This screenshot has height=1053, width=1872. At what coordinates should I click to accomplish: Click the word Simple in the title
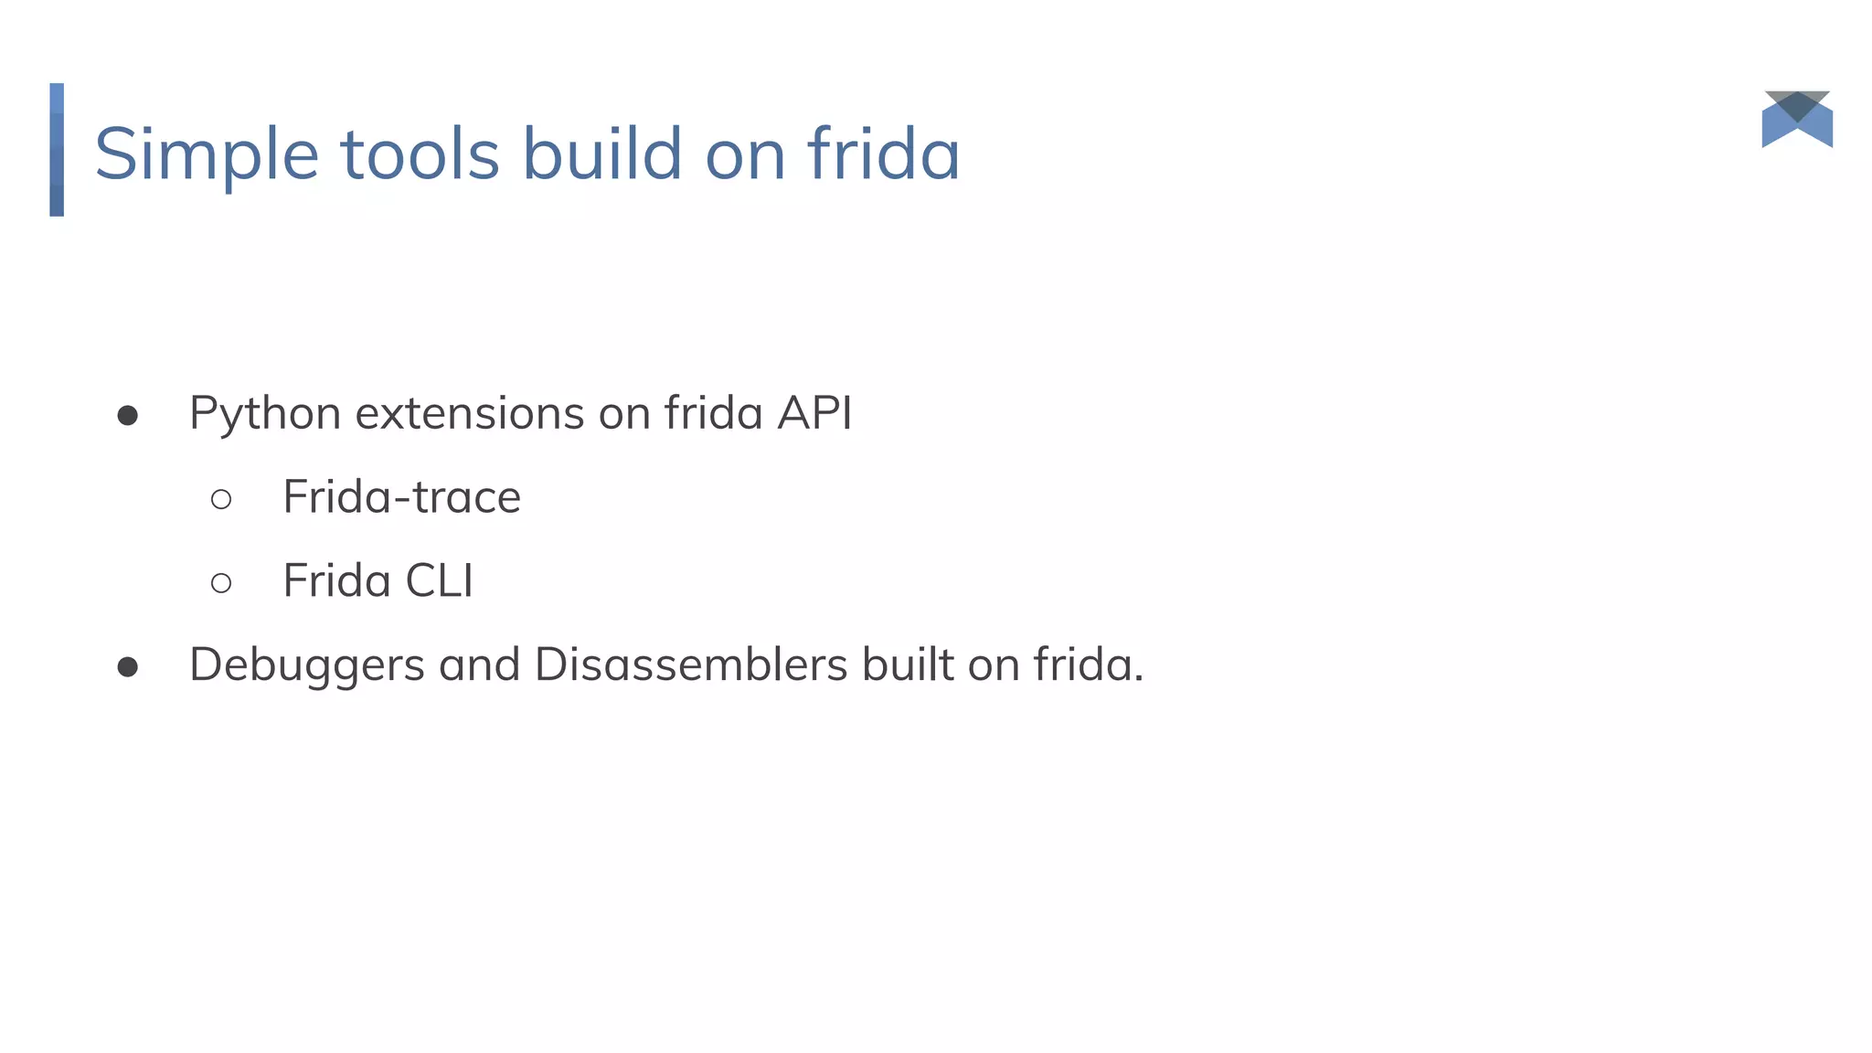[207, 155]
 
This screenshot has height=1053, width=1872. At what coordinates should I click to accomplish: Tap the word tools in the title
[420, 154]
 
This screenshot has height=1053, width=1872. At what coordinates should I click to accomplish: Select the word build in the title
[601, 154]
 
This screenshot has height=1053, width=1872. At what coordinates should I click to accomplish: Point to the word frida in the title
[883, 154]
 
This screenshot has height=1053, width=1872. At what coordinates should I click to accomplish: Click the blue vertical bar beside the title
[57, 150]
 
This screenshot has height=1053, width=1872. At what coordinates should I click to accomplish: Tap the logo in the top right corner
[1797, 119]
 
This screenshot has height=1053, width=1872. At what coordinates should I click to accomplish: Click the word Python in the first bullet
[265, 414]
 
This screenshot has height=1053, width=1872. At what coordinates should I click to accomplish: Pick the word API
[814, 413]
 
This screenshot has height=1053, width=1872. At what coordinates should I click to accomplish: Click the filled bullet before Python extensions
[128, 417]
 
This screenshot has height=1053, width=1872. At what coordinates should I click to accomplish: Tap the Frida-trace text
[401, 497]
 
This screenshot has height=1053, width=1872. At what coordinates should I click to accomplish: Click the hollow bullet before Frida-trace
[221, 499]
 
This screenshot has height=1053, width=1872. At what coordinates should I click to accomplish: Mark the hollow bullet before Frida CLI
[221, 583]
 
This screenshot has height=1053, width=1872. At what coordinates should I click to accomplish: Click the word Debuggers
[306, 665]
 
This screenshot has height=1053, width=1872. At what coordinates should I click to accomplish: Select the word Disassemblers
[691, 665]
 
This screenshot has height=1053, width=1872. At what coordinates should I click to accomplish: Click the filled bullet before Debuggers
[128, 668]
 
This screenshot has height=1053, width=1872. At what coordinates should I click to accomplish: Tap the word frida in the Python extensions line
[713, 413]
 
